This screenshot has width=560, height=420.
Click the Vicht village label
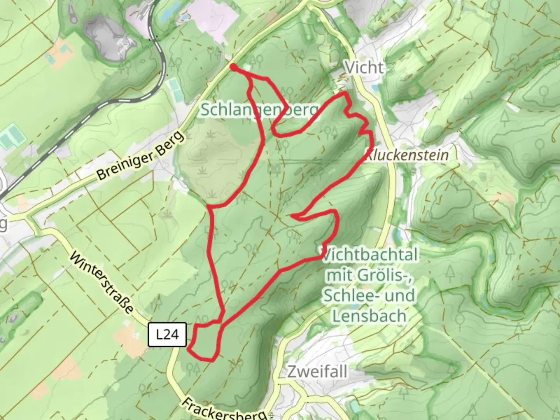364,68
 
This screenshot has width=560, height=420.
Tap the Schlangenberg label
259,110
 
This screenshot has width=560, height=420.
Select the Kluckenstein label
407,155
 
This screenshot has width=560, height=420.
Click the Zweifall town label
317,372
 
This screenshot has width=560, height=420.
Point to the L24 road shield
168,334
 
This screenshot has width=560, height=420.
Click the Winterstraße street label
102,283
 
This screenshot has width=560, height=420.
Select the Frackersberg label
225,409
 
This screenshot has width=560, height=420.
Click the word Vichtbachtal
370,255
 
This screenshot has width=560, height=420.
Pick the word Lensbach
369,316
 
